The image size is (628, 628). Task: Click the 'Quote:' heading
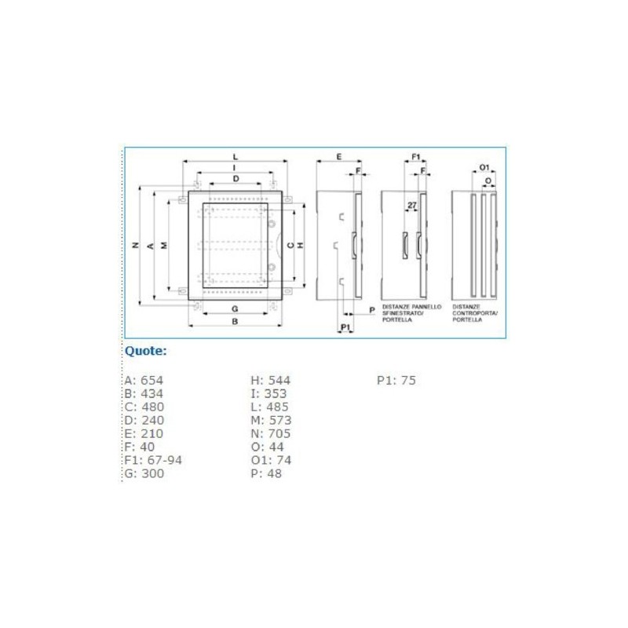(x=146, y=351)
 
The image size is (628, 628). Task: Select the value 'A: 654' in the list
(x=144, y=381)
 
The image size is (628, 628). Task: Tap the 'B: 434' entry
(x=144, y=394)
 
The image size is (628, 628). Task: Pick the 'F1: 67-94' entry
(x=153, y=460)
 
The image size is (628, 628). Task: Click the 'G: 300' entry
(x=144, y=473)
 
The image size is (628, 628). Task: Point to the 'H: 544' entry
(x=270, y=381)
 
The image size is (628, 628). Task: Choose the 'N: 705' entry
(x=271, y=433)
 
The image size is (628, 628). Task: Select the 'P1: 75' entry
(x=396, y=381)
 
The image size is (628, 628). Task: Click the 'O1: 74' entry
(x=271, y=460)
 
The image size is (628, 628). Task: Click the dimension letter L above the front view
(x=235, y=158)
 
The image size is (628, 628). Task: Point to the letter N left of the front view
(x=136, y=245)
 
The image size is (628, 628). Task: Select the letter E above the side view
(x=338, y=157)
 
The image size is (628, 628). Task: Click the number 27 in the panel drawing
(x=412, y=206)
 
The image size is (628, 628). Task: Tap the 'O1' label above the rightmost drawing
(x=484, y=168)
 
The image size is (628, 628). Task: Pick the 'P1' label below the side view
(x=345, y=326)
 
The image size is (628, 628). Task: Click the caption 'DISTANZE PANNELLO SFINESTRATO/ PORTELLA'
(x=411, y=312)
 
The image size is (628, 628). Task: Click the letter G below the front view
(x=235, y=308)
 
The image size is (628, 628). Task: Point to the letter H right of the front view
(x=300, y=245)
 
